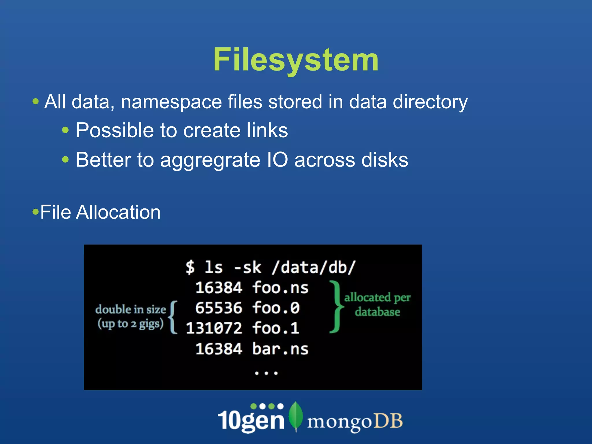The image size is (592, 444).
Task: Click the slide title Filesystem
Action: pyautogui.click(x=296, y=60)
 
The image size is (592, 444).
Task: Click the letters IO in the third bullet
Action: pyautogui.click(x=277, y=160)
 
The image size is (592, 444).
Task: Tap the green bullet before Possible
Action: pyautogui.click(x=66, y=130)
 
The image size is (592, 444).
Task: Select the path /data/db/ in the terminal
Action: pyautogui.click(x=313, y=267)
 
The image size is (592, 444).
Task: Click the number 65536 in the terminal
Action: pyautogui.click(x=219, y=308)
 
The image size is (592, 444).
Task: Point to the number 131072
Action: pyautogui.click(x=214, y=328)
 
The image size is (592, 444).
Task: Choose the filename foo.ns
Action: pyautogui.click(x=280, y=288)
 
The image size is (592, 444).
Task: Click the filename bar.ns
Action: pyautogui.click(x=280, y=349)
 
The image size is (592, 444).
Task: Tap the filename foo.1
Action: pyautogui.click(x=275, y=328)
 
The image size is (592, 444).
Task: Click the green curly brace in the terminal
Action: pyautogui.click(x=336, y=307)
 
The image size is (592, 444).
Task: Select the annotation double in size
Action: pyautogui.click(x=131, y=310)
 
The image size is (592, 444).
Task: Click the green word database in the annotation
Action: pyautogui.click(x=378, y=312)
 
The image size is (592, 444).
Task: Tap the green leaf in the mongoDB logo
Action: pyautogui.click(x=296, y=416)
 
